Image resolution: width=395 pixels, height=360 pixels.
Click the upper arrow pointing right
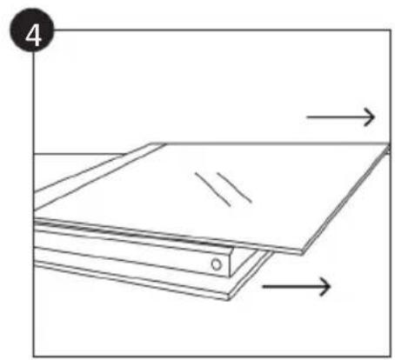click(x=341, y=116)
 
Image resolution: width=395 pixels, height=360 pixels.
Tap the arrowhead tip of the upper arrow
click(x=374, y=116)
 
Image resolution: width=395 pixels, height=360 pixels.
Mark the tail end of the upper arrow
click(x=309, y=116)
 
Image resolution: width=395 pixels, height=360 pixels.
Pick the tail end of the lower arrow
click(x=264, y=285)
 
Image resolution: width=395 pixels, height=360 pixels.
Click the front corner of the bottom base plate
click(x=227, y=297)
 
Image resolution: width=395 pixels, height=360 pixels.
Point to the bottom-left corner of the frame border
click(x=34, y=351)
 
